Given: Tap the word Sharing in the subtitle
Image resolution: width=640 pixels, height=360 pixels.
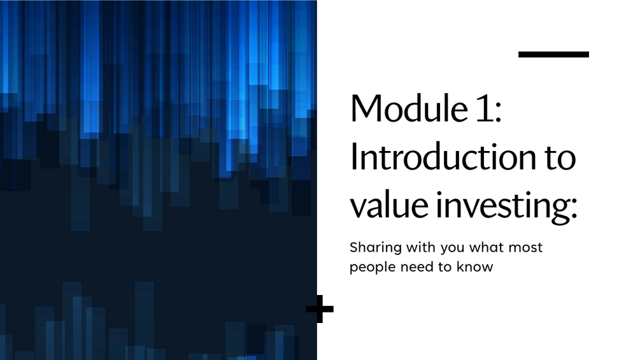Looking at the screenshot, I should [x=371, y=248].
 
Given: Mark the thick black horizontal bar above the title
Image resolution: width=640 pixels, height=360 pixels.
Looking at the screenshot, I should [x=553, y=55].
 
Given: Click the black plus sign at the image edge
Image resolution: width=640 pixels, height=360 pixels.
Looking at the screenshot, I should [x=320, y=310].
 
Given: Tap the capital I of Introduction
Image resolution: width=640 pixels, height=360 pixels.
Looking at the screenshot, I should [x=354, y=158].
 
